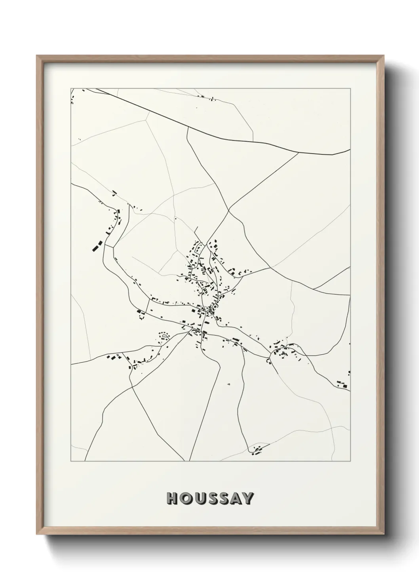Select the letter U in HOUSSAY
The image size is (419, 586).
point(199,499)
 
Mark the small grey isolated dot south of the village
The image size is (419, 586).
point(229,384)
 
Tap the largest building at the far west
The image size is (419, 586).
point(95,247)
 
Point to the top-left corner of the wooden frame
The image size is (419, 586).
point(38,56)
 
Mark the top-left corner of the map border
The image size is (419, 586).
point(71,88)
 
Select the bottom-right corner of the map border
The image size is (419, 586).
point(350,461)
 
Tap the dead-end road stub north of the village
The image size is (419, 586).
point(196,230)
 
